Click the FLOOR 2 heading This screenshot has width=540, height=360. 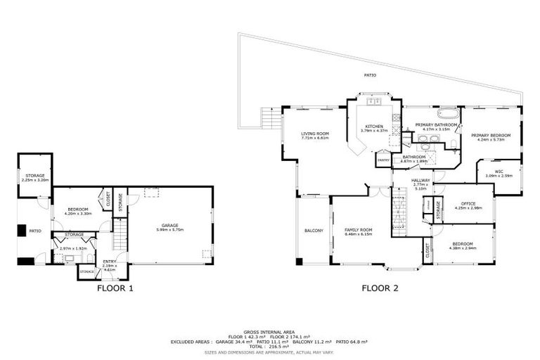[380, 288]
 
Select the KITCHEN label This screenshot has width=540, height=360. [373, 126]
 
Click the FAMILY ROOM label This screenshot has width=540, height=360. [358, 230]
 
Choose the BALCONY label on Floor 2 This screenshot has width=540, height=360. [314, 231]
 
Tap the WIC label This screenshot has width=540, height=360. [499, 171]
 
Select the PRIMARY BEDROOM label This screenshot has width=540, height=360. [491, 135]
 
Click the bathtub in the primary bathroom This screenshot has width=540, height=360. [447, 112]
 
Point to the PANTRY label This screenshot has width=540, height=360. [384, 160]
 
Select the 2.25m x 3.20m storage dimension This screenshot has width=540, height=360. [33, 181]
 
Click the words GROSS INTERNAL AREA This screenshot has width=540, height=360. [269, 332]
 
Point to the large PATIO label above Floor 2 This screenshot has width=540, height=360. [370, 75]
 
